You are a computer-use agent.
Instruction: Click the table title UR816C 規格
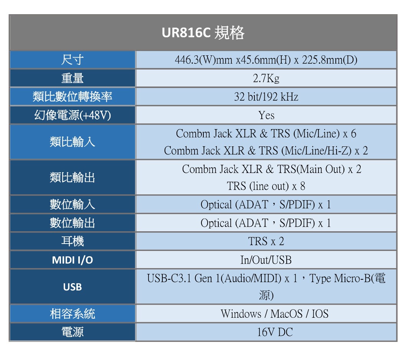point(203,33)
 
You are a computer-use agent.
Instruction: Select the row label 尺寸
point(73,60)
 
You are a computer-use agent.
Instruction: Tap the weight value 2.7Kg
point(266,78)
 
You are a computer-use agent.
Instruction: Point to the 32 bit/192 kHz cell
point(266,97)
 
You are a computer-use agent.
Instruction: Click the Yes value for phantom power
point(266,115)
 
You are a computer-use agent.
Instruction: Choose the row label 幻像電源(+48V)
point(73,115)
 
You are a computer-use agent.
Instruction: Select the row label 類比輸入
point(73,142)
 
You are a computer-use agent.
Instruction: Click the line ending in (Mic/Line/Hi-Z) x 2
point(266,151)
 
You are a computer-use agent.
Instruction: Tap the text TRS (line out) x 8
point(266,186)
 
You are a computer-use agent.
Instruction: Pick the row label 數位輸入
point(73,204)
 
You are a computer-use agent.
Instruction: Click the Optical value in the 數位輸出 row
point(266,223)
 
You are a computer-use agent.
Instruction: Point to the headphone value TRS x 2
point(266,241)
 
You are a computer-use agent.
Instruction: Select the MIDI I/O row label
point(73,260)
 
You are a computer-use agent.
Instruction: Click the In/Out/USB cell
point(266,260)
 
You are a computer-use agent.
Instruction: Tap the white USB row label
point(73,287)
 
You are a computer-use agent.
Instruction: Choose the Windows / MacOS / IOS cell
point(274,314)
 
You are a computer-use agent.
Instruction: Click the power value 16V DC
point(274,332)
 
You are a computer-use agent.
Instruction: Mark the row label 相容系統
point(73,314)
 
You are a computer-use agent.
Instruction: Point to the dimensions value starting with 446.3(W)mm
point(266,60)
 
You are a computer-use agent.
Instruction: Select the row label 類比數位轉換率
point(73,97)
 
